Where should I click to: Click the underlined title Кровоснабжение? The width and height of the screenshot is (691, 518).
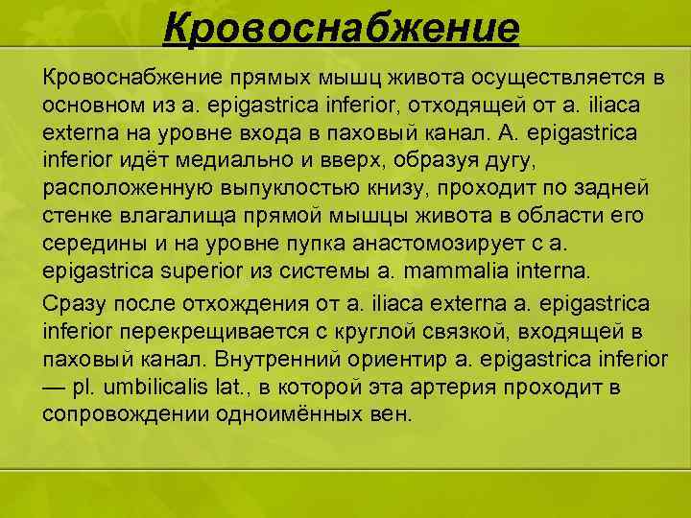341,29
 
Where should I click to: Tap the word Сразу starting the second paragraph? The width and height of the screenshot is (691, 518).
76,304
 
